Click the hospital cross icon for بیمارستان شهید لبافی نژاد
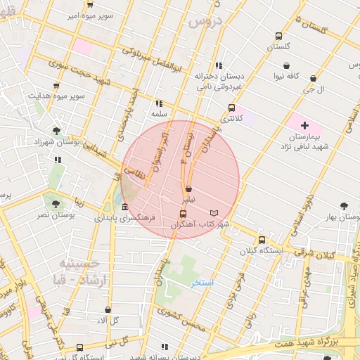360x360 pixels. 304,124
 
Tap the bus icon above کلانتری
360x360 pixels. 231,108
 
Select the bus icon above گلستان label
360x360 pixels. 278,37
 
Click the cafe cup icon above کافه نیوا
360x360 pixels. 288,64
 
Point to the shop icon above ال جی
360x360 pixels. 312,79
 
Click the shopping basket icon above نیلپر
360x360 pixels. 189,188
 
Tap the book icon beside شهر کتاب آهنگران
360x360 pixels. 214,213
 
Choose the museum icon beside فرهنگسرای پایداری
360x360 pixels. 124,207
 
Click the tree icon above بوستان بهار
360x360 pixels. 343,206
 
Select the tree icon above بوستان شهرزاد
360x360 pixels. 56,130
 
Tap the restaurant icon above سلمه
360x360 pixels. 159,103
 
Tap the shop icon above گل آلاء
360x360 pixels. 107,309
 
